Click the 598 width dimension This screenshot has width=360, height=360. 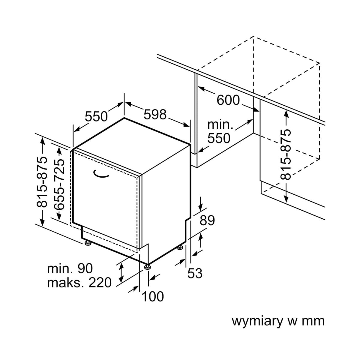tap(155, 114)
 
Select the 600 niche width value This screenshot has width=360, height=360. tap(228, 100)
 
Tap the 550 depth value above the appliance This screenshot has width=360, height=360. tap(96, 116)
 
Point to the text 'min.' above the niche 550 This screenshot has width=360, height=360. tap(220, 124)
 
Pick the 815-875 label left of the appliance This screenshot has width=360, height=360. tap(42, 182)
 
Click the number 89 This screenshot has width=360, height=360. tap(207, 221)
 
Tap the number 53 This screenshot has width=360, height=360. tap(195, 273)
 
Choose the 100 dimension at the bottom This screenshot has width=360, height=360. tap(153, 297)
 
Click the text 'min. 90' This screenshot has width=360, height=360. tap(70, 268)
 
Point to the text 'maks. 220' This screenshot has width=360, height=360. tap(79, 283)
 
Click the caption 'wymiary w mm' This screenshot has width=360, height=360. tap(278, 321)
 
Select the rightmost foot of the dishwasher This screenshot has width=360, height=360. tap(180, 247)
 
